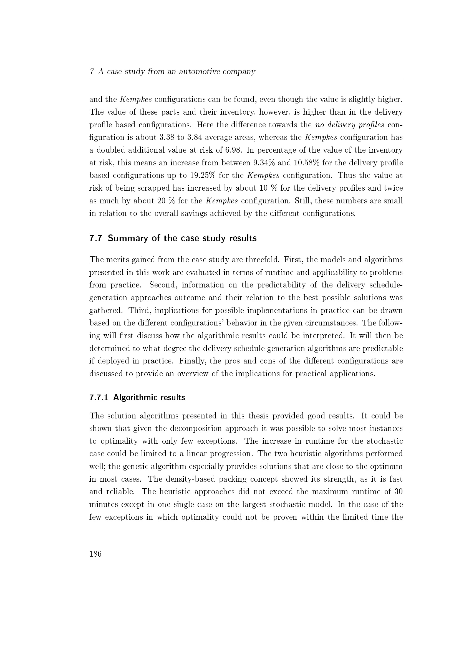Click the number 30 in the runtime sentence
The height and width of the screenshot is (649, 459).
398,492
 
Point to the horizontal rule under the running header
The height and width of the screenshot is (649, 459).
246,78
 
